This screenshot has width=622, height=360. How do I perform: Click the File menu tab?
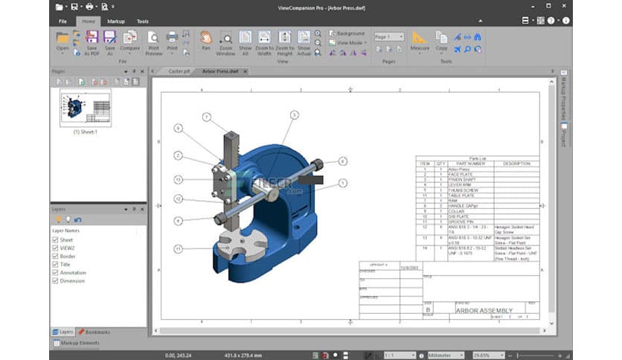pos(63,22)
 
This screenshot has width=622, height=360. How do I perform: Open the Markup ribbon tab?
pos(115,22)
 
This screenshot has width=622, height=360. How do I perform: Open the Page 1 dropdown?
pos(389,36)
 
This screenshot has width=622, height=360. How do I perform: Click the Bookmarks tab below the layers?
pos(94,332)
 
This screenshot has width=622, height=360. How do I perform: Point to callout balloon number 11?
pos(179,248)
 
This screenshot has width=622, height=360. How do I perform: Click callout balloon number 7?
pos(207,117)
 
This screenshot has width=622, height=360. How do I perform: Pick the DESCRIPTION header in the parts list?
pos(516,164)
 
